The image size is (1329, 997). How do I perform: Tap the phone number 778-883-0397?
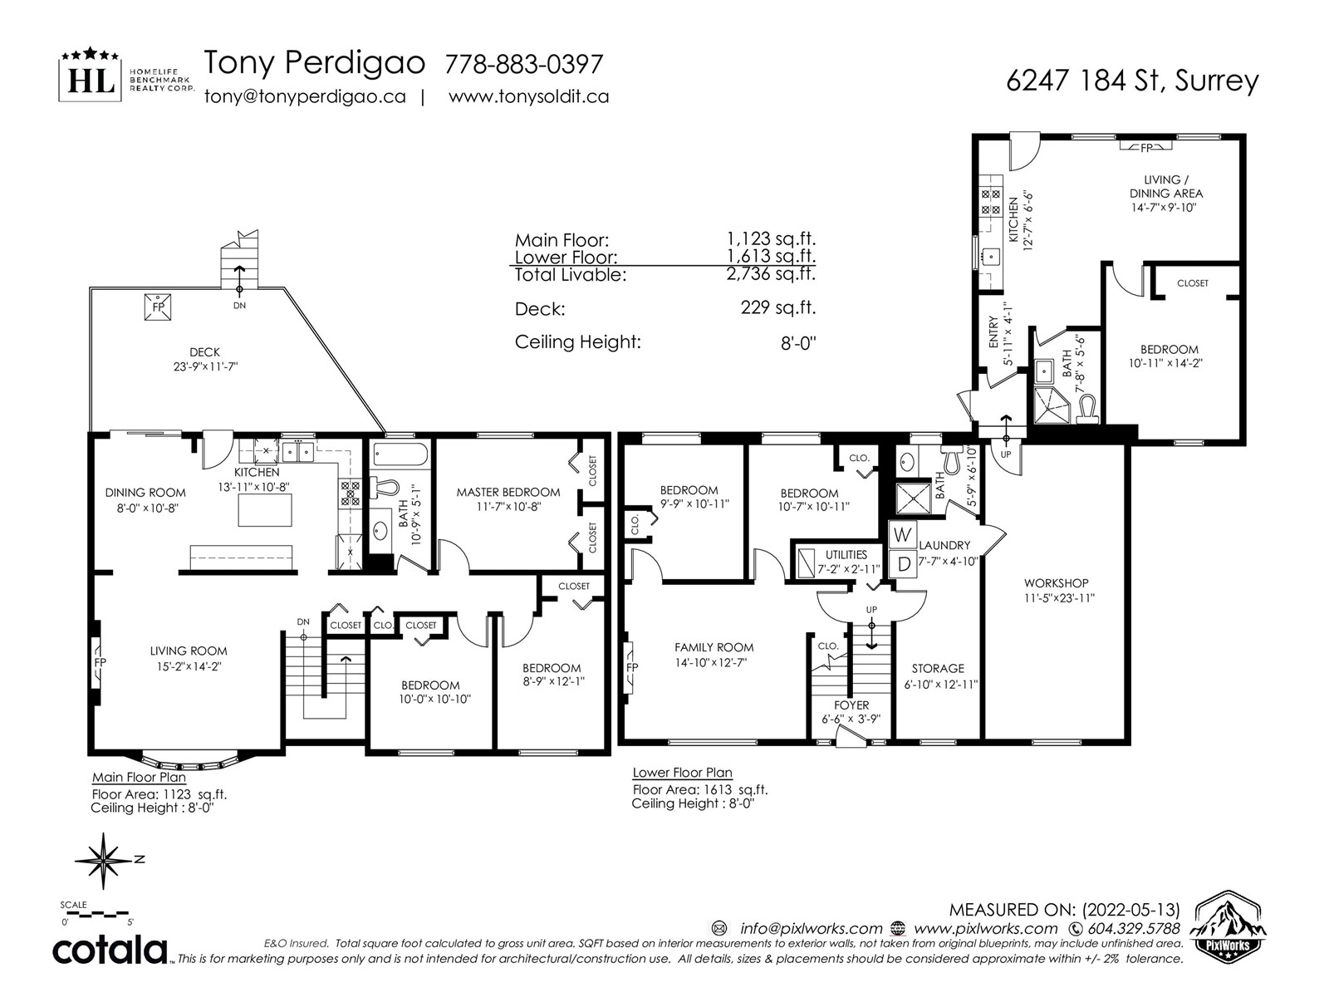tap(524, 64)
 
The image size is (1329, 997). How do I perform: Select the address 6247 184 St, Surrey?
tap(1132, 81)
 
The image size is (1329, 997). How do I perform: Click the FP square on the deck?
tap(158, 307)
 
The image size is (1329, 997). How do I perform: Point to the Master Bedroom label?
tap(508, 492)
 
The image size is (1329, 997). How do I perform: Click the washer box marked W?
tap(903, 534)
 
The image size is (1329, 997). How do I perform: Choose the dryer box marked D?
tap(904, 564)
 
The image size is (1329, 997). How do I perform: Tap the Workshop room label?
tap(1056, 583)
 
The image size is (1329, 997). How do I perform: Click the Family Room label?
tap(714, 647)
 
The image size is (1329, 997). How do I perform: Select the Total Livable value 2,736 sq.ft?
tap(771, 274)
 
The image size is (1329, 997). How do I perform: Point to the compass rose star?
tap(104, 860)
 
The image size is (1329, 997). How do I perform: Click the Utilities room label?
tap(846, 554)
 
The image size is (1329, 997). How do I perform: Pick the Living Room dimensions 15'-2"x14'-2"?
tap(188, 665)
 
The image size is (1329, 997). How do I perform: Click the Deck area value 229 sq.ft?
tap(778, 308)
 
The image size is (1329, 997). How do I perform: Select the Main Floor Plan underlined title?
tap(139, 778)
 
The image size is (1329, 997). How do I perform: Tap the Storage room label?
tap(938, 668)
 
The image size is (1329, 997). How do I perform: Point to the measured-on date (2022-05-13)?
tap(1130, 910)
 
